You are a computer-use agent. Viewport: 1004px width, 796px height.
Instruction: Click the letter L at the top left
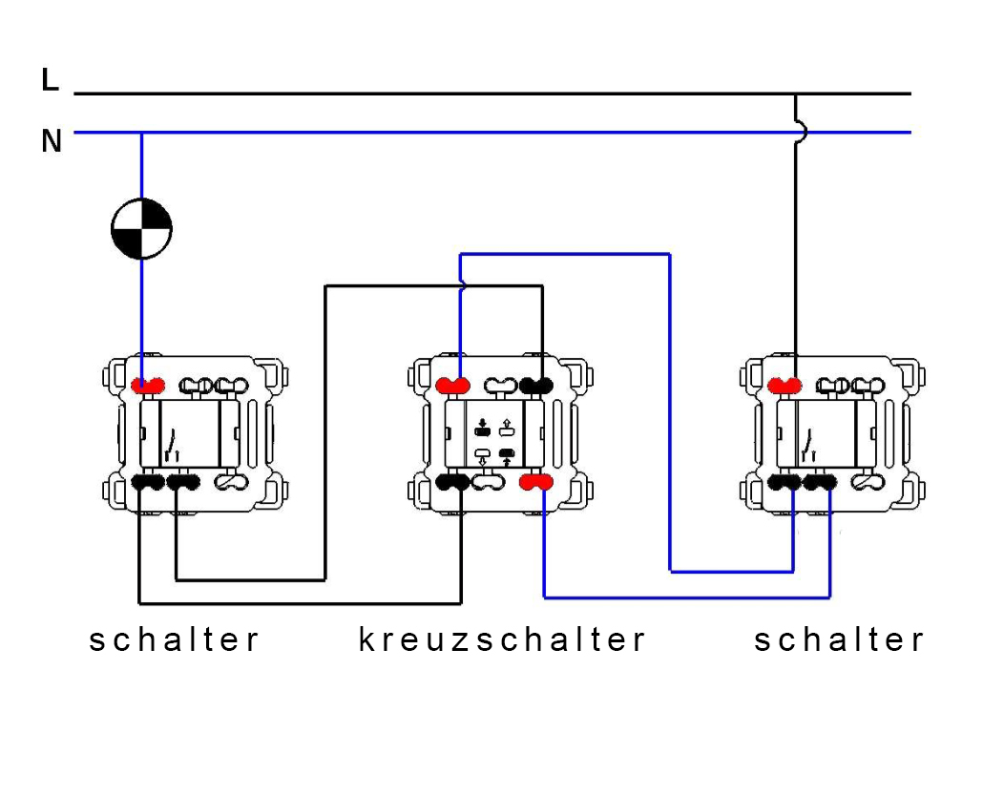tap(51, 81)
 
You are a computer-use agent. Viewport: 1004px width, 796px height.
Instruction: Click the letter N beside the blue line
tap(52, 142)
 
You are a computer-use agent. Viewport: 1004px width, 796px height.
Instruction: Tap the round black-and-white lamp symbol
tap(141, 229)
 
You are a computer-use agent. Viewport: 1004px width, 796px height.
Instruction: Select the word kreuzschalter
tap(502, 639)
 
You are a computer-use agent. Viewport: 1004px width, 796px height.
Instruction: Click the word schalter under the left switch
tap(174, 639)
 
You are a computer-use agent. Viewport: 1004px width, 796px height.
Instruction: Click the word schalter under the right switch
tap(839, 639)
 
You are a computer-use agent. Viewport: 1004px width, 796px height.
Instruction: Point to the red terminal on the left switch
tap(148, 386)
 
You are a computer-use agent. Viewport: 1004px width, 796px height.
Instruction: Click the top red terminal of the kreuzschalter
tap(453, 386)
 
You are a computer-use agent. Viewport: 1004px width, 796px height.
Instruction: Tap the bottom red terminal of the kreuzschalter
tap(535, 482)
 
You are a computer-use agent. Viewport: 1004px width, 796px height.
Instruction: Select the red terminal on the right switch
tap(785, 385)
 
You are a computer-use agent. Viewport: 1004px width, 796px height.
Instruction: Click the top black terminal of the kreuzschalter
tap(537, 386)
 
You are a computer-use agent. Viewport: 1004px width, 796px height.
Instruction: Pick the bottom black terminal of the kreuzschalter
tap(452, 482)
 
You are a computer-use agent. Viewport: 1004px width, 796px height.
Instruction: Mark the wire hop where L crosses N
tap(798, 132)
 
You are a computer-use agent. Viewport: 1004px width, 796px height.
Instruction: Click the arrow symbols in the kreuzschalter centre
tap(494, 443)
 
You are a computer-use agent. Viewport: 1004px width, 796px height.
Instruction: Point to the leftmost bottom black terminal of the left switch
tap(148, 483)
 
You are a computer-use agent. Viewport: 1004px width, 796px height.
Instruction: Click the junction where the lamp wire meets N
tap(141, 133)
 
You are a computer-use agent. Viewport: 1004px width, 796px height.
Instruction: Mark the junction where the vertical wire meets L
tap(795, 94)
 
